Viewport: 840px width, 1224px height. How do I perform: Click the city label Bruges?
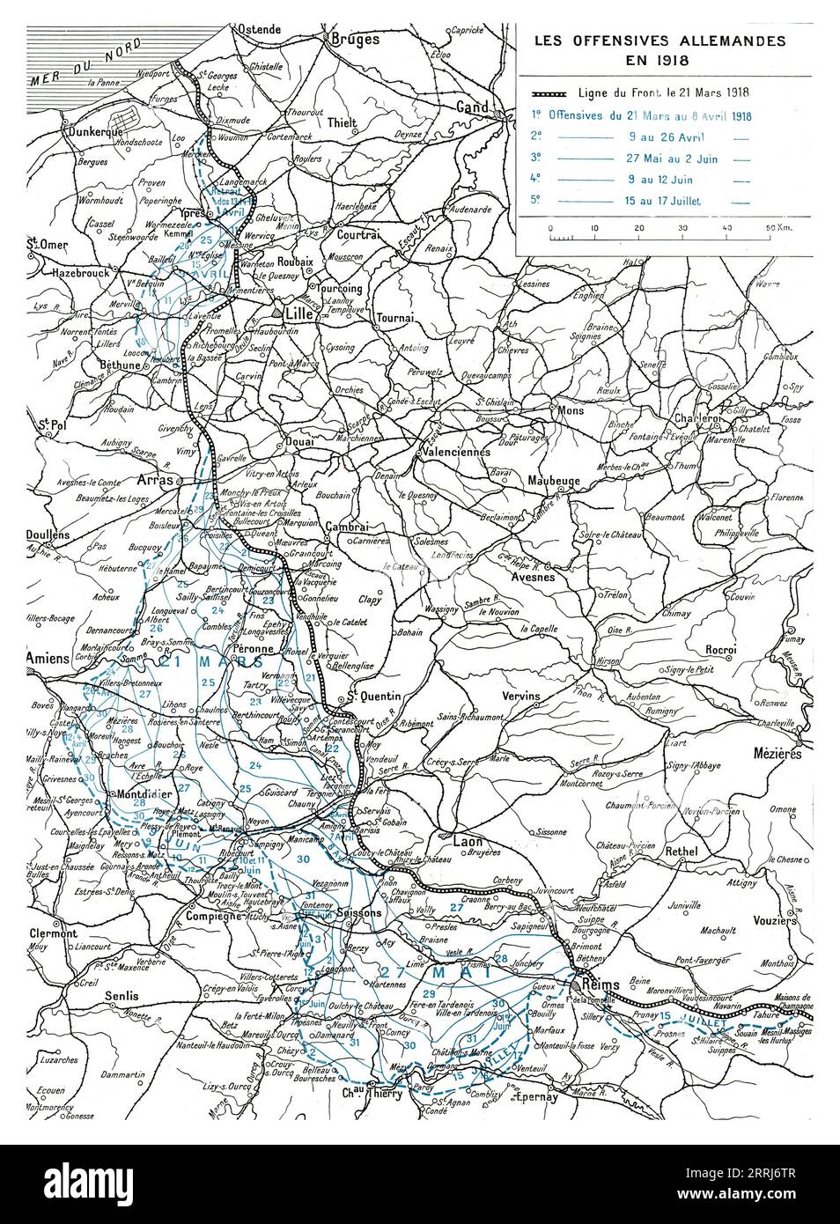coord(354,39)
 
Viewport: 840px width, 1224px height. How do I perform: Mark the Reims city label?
coord(600,984)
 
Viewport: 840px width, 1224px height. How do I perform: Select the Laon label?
coord(464,841)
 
